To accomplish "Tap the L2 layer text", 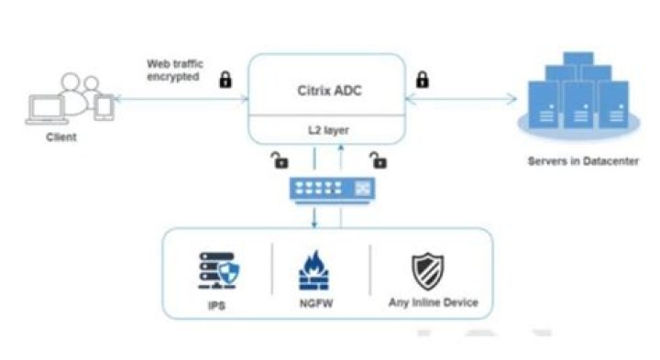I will [326, 130].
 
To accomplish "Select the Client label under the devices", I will [61, 136].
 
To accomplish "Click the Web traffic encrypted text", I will [175, 71].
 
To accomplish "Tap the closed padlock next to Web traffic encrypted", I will [225, 79].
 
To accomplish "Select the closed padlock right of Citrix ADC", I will [423, 79].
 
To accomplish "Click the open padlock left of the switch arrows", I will [279, 161].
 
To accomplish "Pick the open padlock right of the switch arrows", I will [377, 161].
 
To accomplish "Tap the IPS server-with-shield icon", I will [219, 270].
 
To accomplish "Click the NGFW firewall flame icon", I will [314, 271].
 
